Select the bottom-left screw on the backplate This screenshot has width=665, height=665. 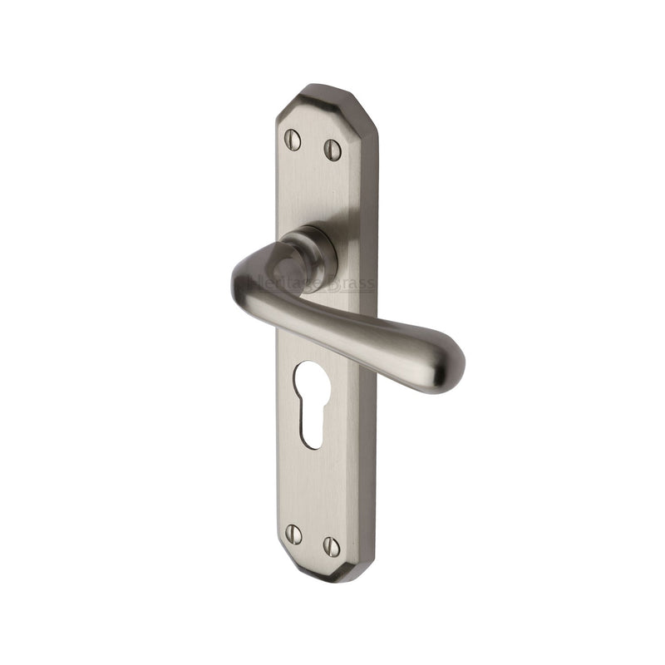[293, 531]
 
